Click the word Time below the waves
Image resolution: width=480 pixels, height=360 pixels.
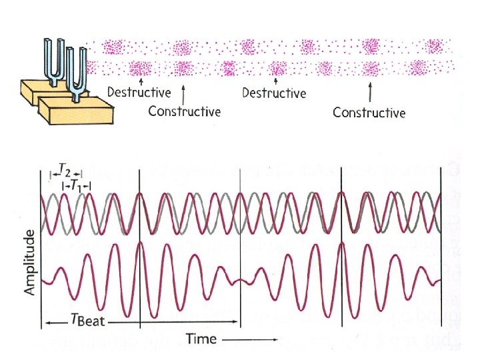[x=201, y=339]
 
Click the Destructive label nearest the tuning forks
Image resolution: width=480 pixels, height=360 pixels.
[x=140, y=92]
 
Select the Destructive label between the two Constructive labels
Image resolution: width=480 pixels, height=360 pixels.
[x=274, y=93]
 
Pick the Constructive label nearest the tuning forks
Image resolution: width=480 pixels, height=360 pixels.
[x=184, y=111]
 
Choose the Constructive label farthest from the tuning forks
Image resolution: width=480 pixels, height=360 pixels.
[x=369, y=112]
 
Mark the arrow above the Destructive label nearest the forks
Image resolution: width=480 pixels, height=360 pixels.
[x=140, y=80]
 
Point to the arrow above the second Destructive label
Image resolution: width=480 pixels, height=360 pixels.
[x=275, y=80]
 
